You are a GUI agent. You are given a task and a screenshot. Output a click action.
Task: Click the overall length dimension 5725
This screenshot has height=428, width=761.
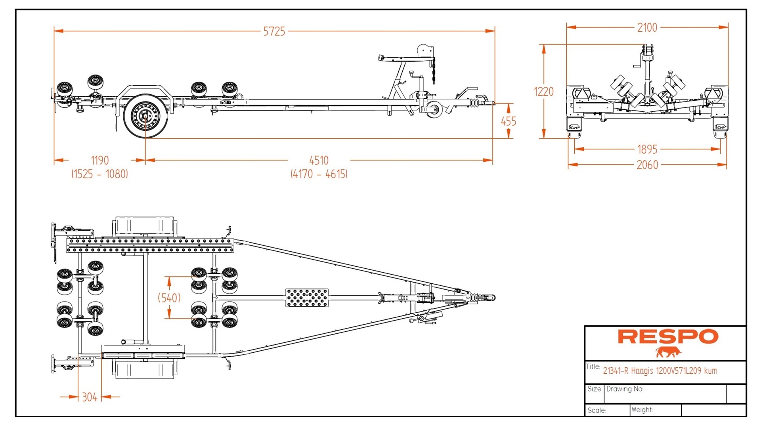(x=274, y=31)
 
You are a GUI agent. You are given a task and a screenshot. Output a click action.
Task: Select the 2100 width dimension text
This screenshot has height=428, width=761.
(x=647, y=28)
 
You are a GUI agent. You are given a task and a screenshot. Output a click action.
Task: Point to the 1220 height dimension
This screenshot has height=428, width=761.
(x=543, y=92)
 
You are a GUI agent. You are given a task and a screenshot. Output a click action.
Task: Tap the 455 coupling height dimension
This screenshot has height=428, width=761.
(x=508, y=121)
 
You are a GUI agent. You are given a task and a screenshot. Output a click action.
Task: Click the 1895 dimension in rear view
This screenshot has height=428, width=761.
(x=647, y=149)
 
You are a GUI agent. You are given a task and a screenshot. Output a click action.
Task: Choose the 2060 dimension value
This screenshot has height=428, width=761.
(x=647, y=165)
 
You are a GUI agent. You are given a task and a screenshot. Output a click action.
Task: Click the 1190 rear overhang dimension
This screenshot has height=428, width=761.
(x=99, y=160)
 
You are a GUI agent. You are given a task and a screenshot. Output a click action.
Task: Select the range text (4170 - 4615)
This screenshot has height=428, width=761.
(x=319, y=174)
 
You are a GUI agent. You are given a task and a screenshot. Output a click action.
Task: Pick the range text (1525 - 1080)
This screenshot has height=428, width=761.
(x=99, y=174)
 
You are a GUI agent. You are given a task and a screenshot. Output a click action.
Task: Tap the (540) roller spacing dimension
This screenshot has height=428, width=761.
(x=169, y=298)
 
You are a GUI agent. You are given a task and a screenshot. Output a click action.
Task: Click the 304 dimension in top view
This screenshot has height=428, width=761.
(x=90, y=397)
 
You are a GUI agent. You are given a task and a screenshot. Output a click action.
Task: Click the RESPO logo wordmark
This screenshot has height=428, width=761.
(x=668, y=337)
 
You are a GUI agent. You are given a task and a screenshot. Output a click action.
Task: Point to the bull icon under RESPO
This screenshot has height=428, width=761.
(x=668, y=352)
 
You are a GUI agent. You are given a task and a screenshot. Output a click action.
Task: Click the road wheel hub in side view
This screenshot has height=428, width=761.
(x=145, y=116)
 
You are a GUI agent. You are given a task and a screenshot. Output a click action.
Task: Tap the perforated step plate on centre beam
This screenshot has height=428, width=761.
(x=307, y=298)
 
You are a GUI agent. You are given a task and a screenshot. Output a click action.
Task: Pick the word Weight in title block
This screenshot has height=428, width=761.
(x=642, y=410)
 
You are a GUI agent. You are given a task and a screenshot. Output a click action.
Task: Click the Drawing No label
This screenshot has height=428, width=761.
(x=624, y=389)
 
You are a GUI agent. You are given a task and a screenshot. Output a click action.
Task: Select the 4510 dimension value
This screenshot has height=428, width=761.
(x=319, y=160)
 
